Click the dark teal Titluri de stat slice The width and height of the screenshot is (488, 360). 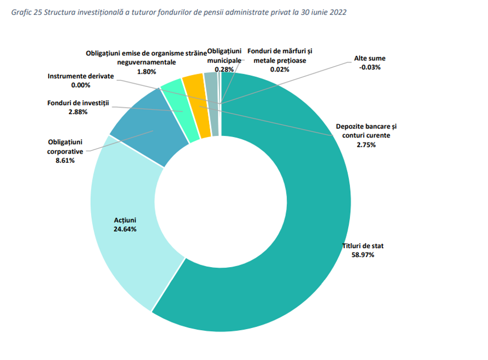pyautogui.click(x=299, y=224)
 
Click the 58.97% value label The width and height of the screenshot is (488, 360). pyautogui.click(x=363, y=255)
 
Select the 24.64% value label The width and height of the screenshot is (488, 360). pyautogui.click(x=125, y=229)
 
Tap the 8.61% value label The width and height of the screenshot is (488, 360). pyautogui.click(x=65, y=160)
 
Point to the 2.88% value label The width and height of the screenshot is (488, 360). pyautogui.click(x=77, y=112)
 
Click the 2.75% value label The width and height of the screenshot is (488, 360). pyautogui.click(x=366, y=145)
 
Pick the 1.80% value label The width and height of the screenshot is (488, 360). pyautogui.click(x=146, y=71)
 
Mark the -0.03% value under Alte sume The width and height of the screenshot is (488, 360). pyautogui.click(x=370, y=67)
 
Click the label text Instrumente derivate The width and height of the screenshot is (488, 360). pyautogui.click(x=81, y=76)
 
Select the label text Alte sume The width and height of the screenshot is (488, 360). pyautogui.click(x=370, y=58)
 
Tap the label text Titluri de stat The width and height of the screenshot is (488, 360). pyautogui.click(x=363, y=246)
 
